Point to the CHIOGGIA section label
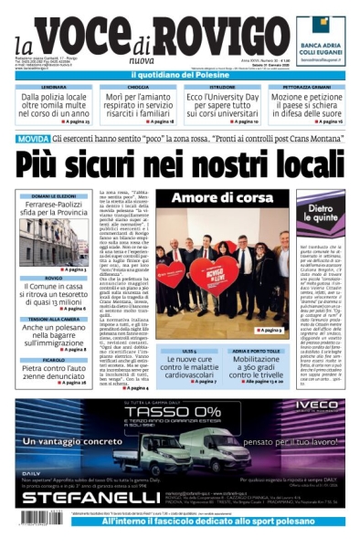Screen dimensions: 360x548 [x=138, y=87]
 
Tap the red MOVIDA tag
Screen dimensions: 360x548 [x=33, y=139]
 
